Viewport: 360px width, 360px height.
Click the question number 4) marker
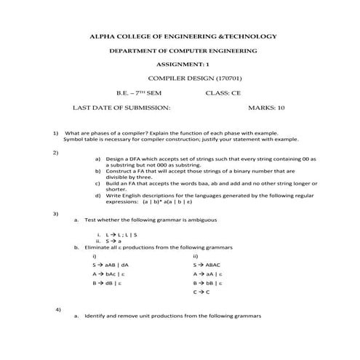point(57,310)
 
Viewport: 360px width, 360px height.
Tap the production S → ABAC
point(206,265)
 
